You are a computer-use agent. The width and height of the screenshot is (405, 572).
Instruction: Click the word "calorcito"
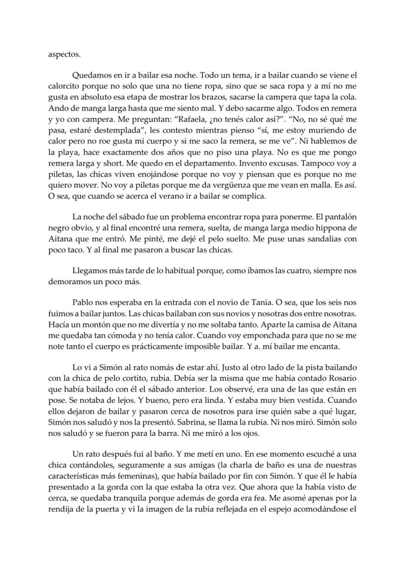pos(65,87)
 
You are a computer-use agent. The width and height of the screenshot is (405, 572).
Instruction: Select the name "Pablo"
pos(82,302)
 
